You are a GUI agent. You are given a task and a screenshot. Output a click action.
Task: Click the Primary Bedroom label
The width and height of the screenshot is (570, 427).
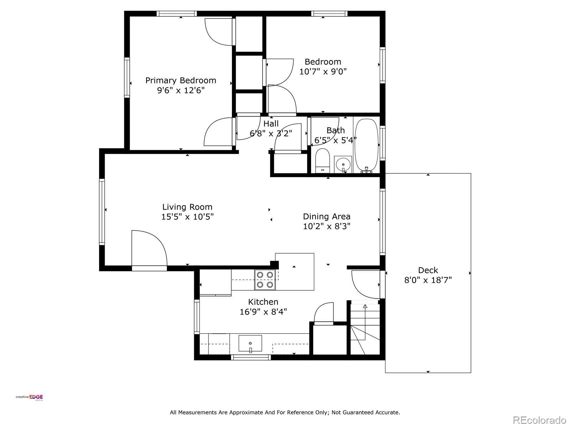tap(181, 80)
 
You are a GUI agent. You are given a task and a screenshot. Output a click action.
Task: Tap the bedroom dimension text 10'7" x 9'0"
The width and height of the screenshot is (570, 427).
tap(323, 72)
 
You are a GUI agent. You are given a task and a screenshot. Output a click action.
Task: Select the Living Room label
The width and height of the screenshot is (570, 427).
tap(187, 207)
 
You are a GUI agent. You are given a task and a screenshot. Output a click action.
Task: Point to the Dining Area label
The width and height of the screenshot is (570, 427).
tap(327, 216)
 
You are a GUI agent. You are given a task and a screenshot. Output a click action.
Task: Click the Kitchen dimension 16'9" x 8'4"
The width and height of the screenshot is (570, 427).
tap(263, 312)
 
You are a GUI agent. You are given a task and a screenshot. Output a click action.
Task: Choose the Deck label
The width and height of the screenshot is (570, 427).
tap(428, 270)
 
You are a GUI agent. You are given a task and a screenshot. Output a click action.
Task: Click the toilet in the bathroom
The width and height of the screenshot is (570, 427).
tap(322, 160)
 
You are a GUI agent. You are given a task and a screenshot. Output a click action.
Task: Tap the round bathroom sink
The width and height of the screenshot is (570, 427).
tap(343, 164)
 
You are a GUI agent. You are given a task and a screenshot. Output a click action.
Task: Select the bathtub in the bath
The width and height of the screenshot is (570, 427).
tap(367, 146)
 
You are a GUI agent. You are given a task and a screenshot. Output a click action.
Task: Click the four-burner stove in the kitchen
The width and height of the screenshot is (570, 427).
tap(265, 280)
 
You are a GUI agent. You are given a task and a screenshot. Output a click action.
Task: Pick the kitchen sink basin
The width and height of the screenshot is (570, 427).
tap(250, 343)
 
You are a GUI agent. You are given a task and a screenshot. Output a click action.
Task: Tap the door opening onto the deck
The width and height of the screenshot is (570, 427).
tap(366, 284)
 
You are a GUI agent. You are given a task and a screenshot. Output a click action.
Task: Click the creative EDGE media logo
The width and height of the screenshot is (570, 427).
tap(29, 398)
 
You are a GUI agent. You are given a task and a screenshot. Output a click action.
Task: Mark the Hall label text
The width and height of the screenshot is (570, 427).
tap(271, 124)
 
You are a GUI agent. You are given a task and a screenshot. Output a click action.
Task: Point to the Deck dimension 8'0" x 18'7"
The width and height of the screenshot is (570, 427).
tap(428, 280)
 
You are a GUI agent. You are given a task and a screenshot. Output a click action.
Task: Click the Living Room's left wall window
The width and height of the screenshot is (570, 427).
tap(102, 212)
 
